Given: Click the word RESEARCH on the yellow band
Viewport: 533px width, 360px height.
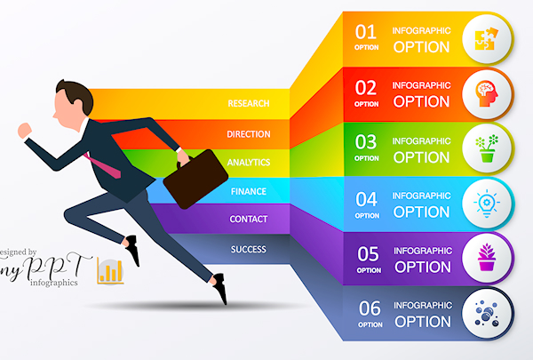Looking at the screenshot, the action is click(249, 103).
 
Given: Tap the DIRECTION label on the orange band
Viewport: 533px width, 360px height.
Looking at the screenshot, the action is click(249, 134).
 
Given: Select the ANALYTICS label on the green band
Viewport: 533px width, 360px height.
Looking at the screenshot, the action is click(249, 163).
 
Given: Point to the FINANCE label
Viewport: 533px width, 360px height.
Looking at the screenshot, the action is click(249, 192).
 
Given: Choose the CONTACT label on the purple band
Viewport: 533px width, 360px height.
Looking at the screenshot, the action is click(249, 220).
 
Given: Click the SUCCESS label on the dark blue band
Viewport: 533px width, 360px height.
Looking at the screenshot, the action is click(249, 250).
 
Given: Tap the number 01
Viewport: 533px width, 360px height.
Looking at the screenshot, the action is click(366, 32).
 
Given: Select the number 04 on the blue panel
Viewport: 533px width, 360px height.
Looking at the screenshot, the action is click(366, 199).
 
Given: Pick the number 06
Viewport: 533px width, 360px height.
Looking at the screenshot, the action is click(370, 308).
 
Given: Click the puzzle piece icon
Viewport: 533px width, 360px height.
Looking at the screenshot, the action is click(487, 39).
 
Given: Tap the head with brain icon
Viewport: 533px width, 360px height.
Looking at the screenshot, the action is click(487, 93).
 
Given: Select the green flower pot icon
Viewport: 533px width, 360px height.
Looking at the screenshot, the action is click(487, 148).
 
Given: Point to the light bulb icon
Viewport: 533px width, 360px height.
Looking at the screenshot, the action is click(487, 204).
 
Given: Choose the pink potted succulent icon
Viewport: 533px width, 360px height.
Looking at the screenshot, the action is click(487, 257).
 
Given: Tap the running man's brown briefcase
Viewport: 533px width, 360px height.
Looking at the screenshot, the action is click(195, 179).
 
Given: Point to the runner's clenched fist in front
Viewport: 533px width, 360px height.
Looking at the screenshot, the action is click(25, 131).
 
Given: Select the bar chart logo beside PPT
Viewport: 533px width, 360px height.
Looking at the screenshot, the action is click(110, 271).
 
